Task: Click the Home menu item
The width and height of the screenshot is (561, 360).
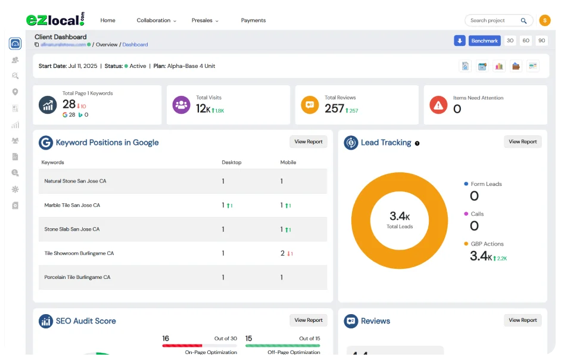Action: click(108, 20)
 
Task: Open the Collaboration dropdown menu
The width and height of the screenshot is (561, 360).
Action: click(157, 20)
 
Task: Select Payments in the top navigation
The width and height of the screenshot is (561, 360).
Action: click(253, 20)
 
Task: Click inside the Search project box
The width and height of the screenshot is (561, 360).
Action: click(493, 20)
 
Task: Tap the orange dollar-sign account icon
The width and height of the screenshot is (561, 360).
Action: click(544, 20)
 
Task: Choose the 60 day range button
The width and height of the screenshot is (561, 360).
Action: click(526, 41)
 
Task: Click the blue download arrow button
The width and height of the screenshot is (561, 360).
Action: click(459, 41)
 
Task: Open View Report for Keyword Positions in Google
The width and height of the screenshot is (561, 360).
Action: click(308, 142)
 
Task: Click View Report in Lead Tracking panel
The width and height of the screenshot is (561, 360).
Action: click(522, 142)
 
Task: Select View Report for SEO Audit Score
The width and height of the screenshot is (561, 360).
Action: click(308, 320)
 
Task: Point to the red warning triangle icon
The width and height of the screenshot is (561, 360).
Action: click(438, 105)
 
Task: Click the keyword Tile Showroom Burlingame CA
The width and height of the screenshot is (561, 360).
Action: click(79, 253)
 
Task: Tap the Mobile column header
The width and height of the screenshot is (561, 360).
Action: click(288, 162)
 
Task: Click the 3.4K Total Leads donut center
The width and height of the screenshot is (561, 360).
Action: click(400, 219)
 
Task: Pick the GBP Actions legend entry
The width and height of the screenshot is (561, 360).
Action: click(487, 244)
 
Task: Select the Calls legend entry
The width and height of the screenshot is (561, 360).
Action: click(476, 214)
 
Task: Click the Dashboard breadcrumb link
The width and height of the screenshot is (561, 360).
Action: click(135, 45)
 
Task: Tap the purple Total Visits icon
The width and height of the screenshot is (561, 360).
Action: click(181, 105)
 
